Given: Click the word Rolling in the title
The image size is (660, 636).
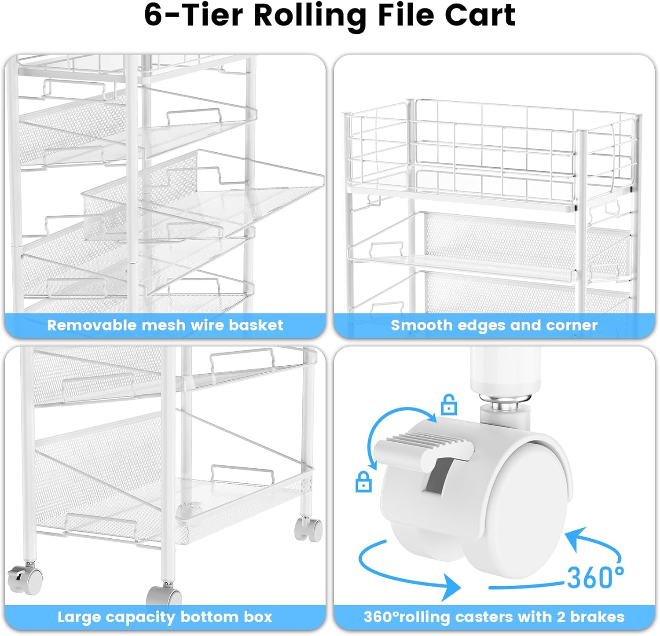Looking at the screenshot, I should click(310, 16).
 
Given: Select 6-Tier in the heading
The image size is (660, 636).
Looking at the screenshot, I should click(194, 16).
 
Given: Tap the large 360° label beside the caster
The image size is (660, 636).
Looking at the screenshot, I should click(595, 577).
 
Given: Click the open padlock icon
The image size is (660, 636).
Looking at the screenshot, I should click(448, 405).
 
